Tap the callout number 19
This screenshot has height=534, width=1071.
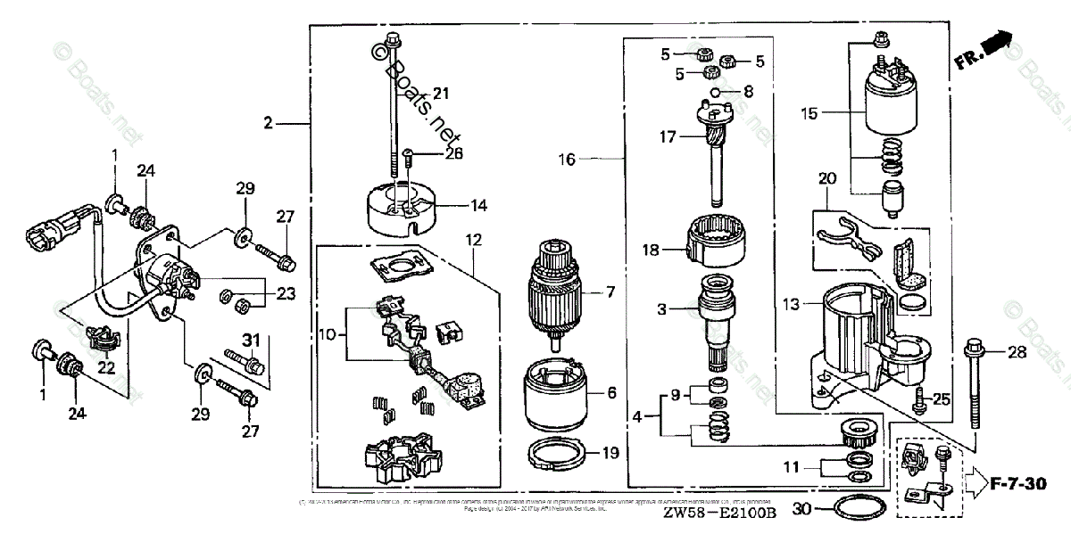(609, 453)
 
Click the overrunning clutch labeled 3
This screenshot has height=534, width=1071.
(720, 312)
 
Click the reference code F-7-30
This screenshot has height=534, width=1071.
(1018, 485)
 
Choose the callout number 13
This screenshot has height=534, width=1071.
(790, 306)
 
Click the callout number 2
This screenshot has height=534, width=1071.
(267, 124)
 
